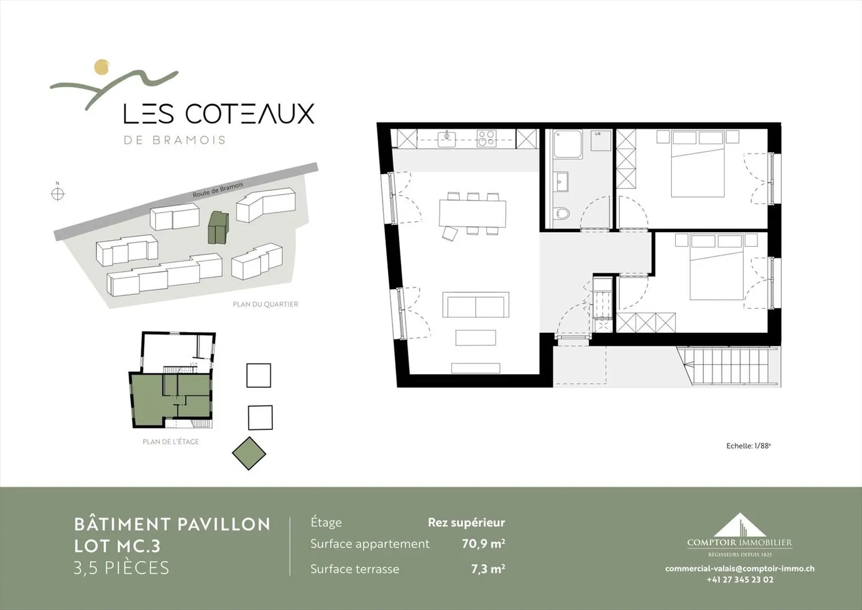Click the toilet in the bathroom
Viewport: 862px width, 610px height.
click(x=561, y=213)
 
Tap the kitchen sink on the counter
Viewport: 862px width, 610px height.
click(x=446, y=139)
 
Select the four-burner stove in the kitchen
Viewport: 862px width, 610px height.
click(x=486, y=138)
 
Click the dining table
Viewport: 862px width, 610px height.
click(x=472, y=213)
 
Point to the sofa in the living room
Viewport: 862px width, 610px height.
click(x=476, y=305)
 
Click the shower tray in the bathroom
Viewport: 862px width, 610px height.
click(x=567, y=144)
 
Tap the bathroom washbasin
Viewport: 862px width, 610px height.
click(x=561, y=181)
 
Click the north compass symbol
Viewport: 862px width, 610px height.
click(x=57, y=193)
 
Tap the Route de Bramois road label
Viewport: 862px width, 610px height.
click(x=218, y=190)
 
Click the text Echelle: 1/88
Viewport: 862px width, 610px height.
click(x=748, y=446)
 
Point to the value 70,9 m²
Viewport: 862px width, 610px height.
click(x=483, y=544)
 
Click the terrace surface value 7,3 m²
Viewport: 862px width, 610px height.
click(x=488, y=569)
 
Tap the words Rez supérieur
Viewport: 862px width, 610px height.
click(x=466, y=523)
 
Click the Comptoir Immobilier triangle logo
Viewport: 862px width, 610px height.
click(x=740, y=525)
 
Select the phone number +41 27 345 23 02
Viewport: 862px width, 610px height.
click(x=740, y=579)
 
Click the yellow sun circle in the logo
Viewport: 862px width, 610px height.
click(x=102, y=67)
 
